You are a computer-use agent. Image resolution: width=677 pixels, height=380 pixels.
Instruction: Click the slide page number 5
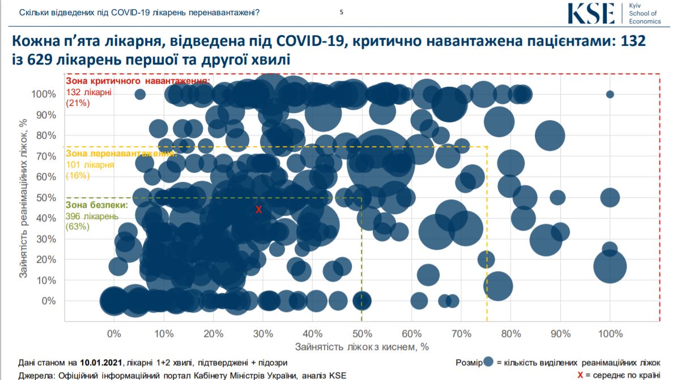341,12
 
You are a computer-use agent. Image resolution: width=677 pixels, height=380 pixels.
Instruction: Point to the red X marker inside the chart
259,210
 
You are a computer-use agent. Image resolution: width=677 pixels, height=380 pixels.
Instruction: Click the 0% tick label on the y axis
50,301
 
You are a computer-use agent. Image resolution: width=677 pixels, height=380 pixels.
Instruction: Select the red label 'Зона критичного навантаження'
138,82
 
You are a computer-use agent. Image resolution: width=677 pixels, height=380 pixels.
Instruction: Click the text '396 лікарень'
92,216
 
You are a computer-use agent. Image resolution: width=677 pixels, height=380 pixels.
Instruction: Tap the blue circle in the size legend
490,362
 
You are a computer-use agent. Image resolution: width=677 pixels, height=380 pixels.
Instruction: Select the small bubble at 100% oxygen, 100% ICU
610,95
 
